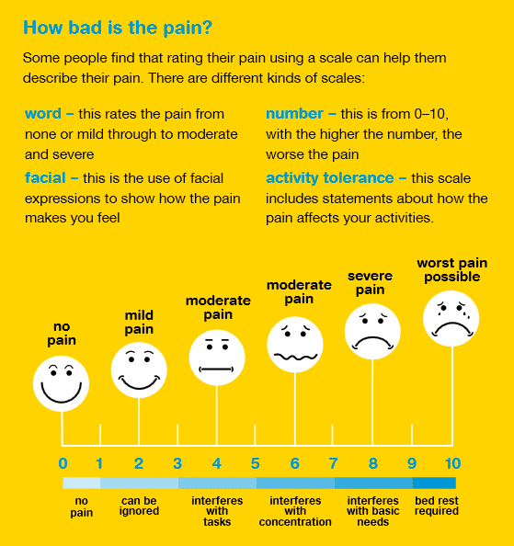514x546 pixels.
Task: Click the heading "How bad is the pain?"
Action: (118, 28)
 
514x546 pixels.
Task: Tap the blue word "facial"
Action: (45, 178)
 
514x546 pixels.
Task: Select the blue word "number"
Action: (294, 114)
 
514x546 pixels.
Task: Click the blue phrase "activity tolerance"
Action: (330, 178)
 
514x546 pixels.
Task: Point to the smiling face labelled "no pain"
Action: (61, 383)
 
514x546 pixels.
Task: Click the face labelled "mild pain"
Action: (139, 370)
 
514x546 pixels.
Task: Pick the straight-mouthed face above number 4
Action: (217, 358)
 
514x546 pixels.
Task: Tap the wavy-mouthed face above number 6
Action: (295, 345)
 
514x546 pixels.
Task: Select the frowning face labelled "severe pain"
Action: (372, 331)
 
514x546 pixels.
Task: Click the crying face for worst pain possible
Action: (451, 318)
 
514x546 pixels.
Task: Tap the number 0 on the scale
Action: (63, 463)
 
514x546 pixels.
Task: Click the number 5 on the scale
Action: (256, 463)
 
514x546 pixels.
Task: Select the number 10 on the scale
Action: (452, 463)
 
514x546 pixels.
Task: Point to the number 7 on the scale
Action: (333, 463)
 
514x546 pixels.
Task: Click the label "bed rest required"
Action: (437, 506)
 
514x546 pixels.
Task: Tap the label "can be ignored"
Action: (139, 506)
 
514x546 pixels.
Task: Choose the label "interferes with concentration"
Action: (295, 511)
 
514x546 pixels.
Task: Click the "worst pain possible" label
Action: (452, 270)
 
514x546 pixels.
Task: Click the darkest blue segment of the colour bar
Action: (434, 483)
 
